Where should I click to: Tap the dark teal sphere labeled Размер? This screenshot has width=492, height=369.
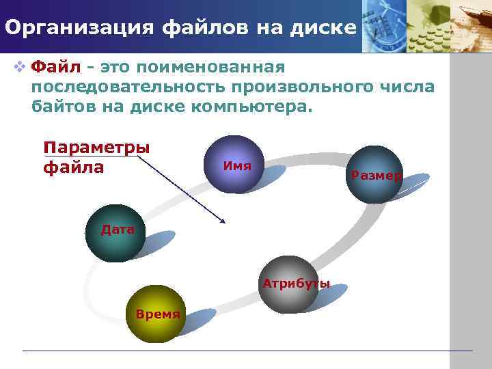coord(374,174)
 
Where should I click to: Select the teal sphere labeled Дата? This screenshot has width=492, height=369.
coord(115,232)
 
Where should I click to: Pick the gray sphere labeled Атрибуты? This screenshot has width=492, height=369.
coord(288,284)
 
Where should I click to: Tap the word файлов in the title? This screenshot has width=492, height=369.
coord(208,28)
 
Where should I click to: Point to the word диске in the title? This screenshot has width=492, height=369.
coord(325,28)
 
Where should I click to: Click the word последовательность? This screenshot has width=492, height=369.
coord(128,87)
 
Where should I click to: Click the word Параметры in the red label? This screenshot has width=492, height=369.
coord(96,148)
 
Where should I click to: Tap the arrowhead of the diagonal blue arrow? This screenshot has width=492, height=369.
coord(222,221)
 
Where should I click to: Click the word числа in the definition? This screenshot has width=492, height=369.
coord(409,87)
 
